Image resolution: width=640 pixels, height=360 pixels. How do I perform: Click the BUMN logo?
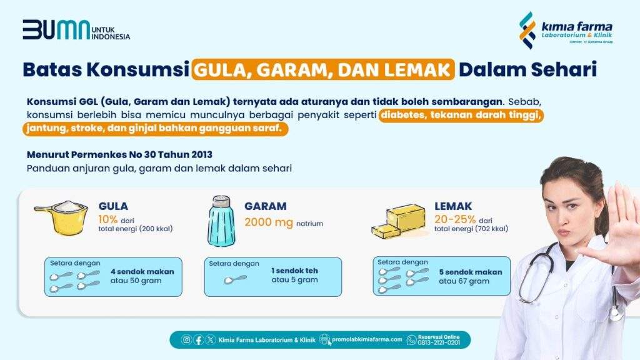tap(76, 30)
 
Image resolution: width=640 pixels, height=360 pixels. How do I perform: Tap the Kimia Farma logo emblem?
tap(527, 30)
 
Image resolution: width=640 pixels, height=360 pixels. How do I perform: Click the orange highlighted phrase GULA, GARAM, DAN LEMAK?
tap(323, 69)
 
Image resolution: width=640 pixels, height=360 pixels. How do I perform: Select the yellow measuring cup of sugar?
tap(62, 217)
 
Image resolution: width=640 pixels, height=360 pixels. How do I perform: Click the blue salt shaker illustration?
tap(221, 222)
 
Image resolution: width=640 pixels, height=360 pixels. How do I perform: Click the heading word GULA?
tap(113, 206)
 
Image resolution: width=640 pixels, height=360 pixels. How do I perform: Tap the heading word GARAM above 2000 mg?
tap(265, 206)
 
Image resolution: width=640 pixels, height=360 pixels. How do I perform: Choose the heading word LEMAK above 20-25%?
tap(453, 206)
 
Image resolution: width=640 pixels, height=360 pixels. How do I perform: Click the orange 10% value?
tap(107, 219)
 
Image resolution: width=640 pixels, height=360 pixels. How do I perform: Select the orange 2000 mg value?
tap(269, 222)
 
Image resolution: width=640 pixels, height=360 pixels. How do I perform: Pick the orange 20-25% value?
tap(455, 219)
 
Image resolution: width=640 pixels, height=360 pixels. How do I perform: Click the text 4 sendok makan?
tap(142, 271)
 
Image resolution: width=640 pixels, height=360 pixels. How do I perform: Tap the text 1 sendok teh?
tap(294, 271)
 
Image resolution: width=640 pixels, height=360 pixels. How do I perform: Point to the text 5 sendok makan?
tap(471, 272)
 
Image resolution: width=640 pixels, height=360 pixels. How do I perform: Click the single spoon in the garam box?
tap(235, 279)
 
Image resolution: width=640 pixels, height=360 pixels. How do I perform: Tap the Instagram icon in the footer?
tap(186, 339)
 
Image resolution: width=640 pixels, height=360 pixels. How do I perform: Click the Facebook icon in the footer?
tap(198, 339)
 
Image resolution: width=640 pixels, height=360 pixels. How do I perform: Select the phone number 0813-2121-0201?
tap(439, 343)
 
